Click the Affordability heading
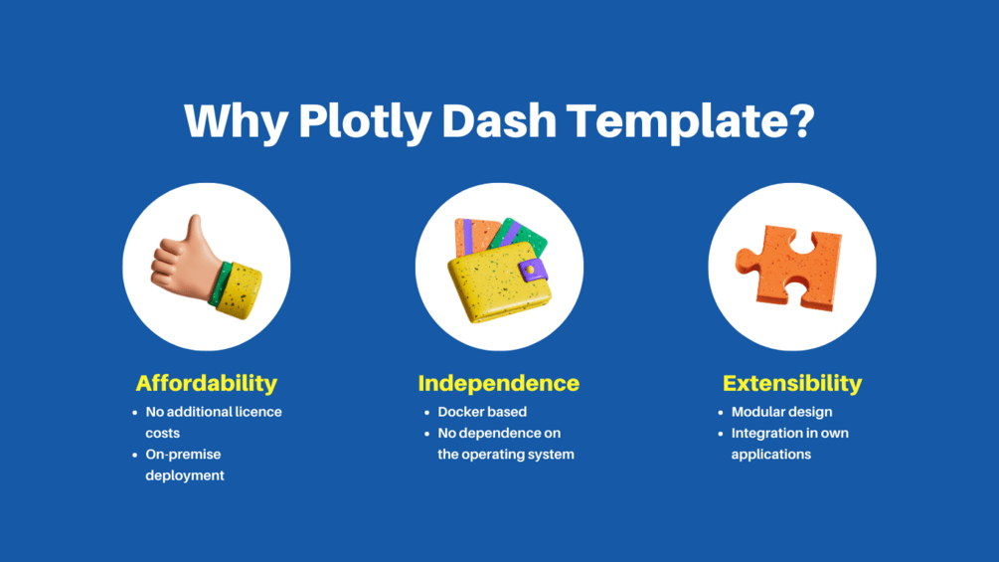(x=207, y=383)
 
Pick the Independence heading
(x=499, y=383)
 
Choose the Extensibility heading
(x=792, y=383)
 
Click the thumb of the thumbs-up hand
(x=194, y=234)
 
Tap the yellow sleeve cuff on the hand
(x=239, y=290)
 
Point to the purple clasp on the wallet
(x=533, y=270)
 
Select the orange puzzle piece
(x=788, y=268)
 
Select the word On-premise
(x=183, y=455)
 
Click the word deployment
(x=185, y=476)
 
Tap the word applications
(x=771, y=455)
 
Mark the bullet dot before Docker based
(x=426, y=413)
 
